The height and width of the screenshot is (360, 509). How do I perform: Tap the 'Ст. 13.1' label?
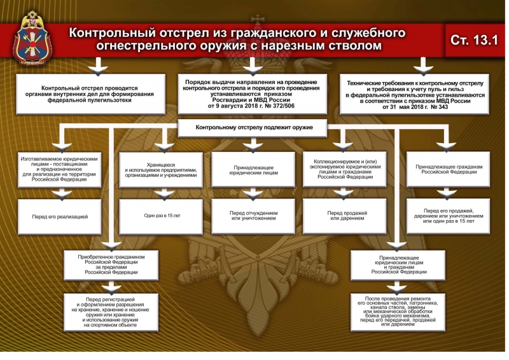(x=474, y=40)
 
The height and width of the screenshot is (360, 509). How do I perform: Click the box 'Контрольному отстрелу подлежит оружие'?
(x=253, y=128)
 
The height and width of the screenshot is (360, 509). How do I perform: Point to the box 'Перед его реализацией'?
(x=60, y=217)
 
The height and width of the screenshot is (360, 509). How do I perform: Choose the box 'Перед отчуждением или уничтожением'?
(x=253, y=216)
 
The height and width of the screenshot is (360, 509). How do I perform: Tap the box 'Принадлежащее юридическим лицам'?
(x=253, y=169)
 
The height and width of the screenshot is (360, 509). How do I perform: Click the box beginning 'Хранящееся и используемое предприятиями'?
(x=162, y=169)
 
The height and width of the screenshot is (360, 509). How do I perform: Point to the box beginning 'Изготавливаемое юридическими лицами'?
(x=60, y=169)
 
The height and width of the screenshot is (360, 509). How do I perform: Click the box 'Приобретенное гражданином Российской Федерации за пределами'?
(x=111, y=263)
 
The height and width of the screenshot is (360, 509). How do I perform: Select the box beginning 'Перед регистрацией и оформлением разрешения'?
(x=111, y=311)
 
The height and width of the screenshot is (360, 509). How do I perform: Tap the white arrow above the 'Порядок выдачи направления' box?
(x=253, y=66)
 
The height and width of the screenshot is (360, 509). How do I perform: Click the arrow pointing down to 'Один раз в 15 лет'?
(x=162, y=192)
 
